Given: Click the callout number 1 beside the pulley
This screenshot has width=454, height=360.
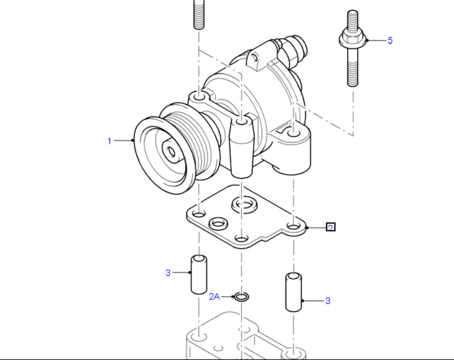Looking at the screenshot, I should tap(109, 141).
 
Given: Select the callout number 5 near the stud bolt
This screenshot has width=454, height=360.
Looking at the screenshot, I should tap(390, 41).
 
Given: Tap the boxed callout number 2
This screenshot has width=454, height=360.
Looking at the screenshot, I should tap(331, 227).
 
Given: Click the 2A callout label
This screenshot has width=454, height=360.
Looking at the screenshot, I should tap(215, 296).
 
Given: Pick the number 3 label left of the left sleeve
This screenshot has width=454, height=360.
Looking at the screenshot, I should tap(168, 273).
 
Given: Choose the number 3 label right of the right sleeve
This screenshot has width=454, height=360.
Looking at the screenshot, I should tap(328, 301).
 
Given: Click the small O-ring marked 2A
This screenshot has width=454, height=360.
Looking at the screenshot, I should tap(241, 296).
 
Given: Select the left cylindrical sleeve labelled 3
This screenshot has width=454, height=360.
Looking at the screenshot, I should tap(198, 274).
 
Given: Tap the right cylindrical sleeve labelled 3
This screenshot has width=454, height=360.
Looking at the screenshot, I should tap(292, 292).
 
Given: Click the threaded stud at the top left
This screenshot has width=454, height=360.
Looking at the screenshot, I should tap(198, 14).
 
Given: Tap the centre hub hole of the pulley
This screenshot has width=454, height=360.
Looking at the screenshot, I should tap(171, 151).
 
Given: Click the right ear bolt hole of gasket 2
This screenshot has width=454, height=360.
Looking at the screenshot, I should tap(293, 225).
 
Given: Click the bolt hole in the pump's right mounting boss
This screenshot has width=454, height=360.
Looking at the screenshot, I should tap(293, 134).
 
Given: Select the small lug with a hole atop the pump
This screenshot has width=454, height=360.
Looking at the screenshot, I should tap(256, 60).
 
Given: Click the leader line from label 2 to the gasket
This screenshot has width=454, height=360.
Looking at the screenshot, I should tap(316, 227).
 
